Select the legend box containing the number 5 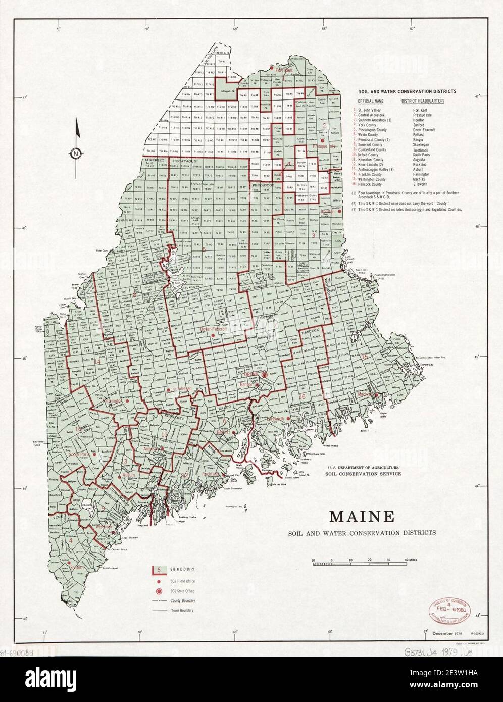[x=159, y=570]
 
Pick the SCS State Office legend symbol [x=159, y=590]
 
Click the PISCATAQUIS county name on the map [x=185, y=161]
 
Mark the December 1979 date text [x=438, y=633]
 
